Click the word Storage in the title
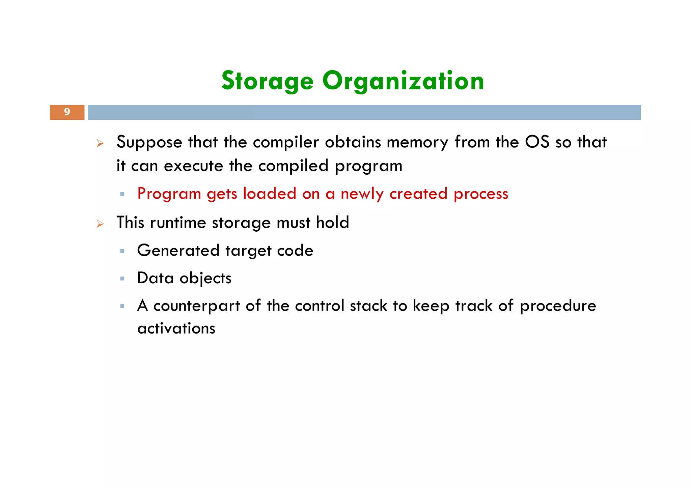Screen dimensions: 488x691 268,81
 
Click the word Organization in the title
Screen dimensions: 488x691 403,81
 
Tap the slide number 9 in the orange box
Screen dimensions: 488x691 67,112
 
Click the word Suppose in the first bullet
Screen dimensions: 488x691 149,142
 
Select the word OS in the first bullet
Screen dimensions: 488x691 537,142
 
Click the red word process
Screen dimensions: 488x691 481,194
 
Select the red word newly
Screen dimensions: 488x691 362,194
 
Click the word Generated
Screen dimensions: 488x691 178,251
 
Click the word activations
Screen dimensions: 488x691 176,328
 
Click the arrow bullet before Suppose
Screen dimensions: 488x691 100,144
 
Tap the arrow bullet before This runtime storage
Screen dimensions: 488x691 100,224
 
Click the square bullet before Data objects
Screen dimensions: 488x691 122,279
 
